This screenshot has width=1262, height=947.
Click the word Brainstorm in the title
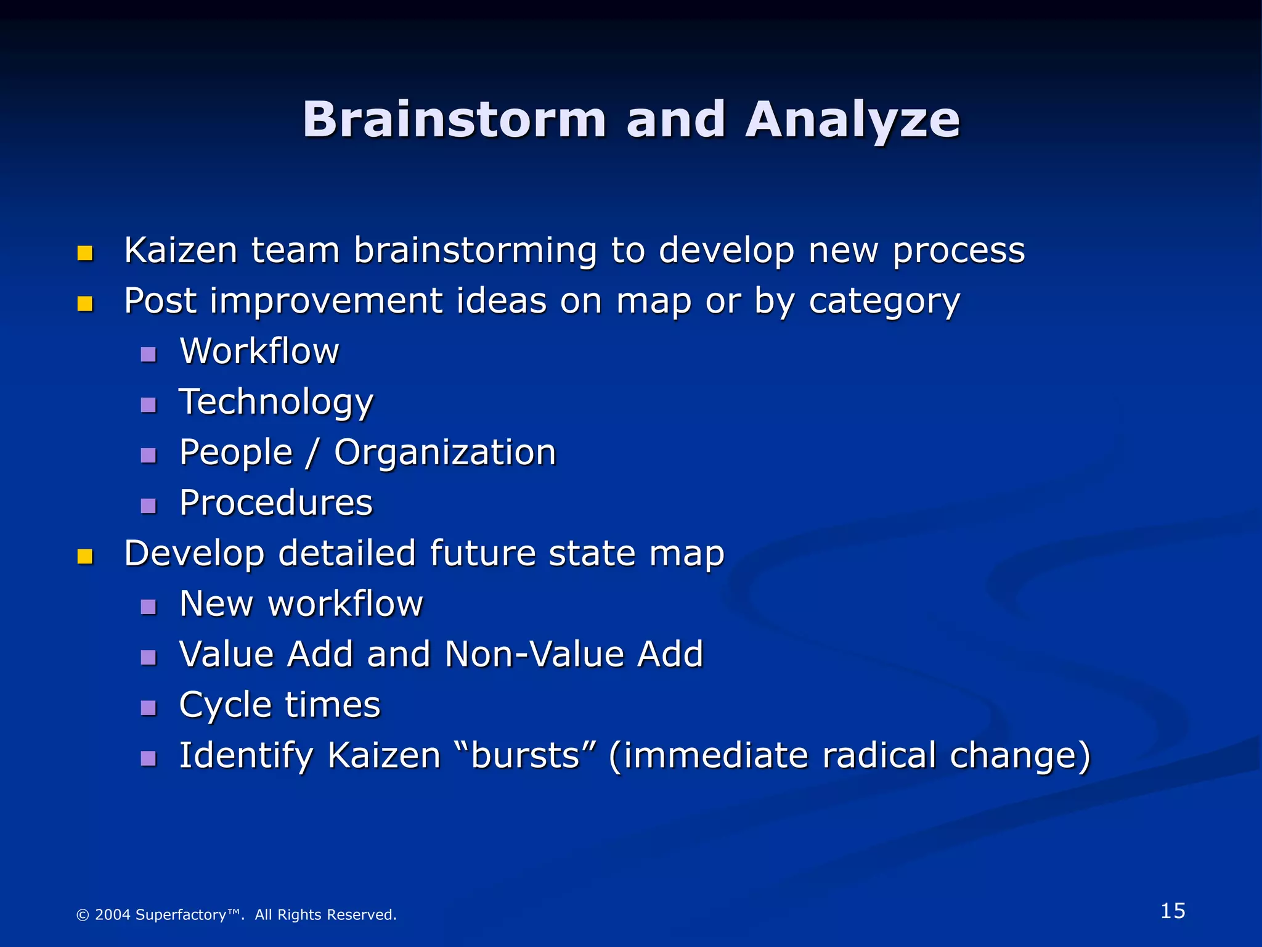454,120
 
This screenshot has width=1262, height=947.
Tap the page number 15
1173,911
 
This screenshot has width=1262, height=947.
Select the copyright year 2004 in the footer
113,914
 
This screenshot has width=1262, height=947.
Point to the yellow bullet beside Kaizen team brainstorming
85,253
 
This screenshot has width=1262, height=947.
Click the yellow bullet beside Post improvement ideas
85,304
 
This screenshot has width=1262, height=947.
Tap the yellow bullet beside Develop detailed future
85,557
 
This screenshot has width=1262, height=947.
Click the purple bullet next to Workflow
149,355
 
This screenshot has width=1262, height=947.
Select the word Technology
276,403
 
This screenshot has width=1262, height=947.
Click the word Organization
445,453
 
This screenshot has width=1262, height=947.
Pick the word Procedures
276,503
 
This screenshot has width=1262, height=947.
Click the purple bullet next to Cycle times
149,708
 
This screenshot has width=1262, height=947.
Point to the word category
884,302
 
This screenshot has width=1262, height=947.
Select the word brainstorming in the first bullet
475,252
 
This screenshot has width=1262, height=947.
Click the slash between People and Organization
313,453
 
